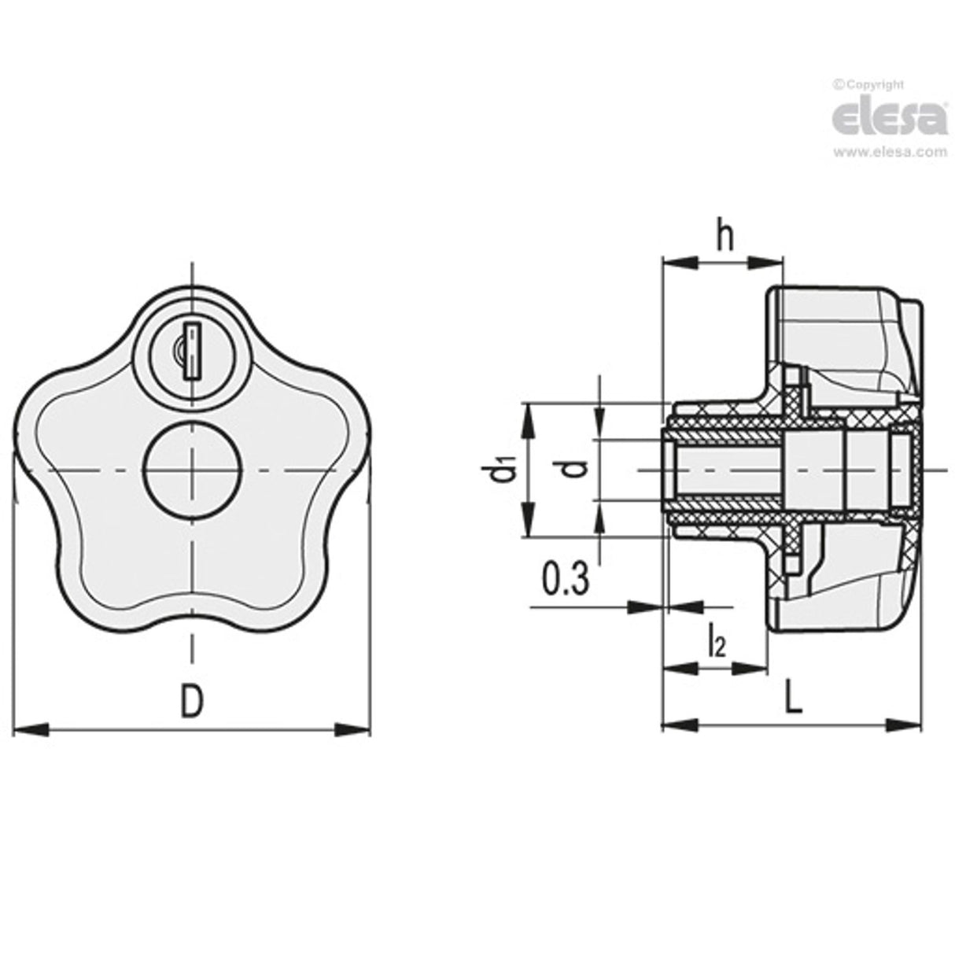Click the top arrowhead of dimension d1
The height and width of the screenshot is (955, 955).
(525, 410)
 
